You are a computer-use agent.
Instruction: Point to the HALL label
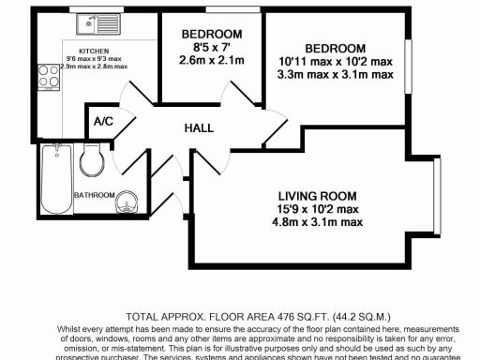(x=198, y=127)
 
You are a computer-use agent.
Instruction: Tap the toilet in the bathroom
(x=93, y=162)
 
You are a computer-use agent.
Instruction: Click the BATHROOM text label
(x=94, y=195)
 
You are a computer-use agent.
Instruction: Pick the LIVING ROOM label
(x=319, y=196)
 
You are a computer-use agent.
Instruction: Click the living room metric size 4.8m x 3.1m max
(x=319, y=221)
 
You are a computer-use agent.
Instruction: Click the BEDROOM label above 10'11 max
(x=334, y=48)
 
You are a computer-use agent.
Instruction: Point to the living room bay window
(x=437, y=193)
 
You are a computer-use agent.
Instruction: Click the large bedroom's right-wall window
(x=408, y=71)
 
